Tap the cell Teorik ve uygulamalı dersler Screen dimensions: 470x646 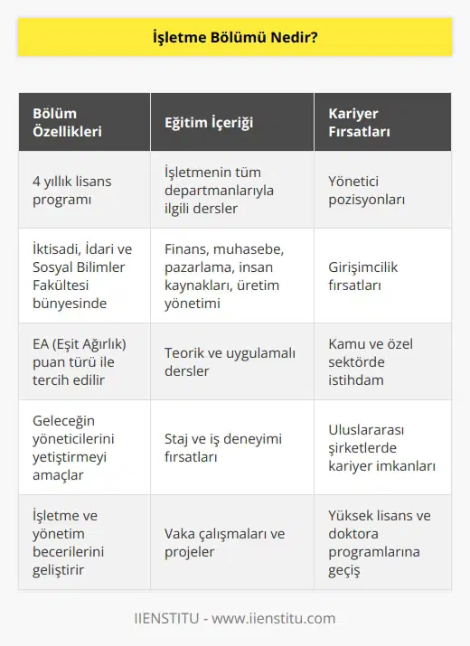[230, 361]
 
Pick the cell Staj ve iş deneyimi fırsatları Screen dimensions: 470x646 [222, 447]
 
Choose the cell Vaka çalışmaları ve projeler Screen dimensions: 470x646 [224, 542]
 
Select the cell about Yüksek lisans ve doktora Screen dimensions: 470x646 [380, 542]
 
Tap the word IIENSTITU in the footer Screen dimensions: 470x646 [168, 619]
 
